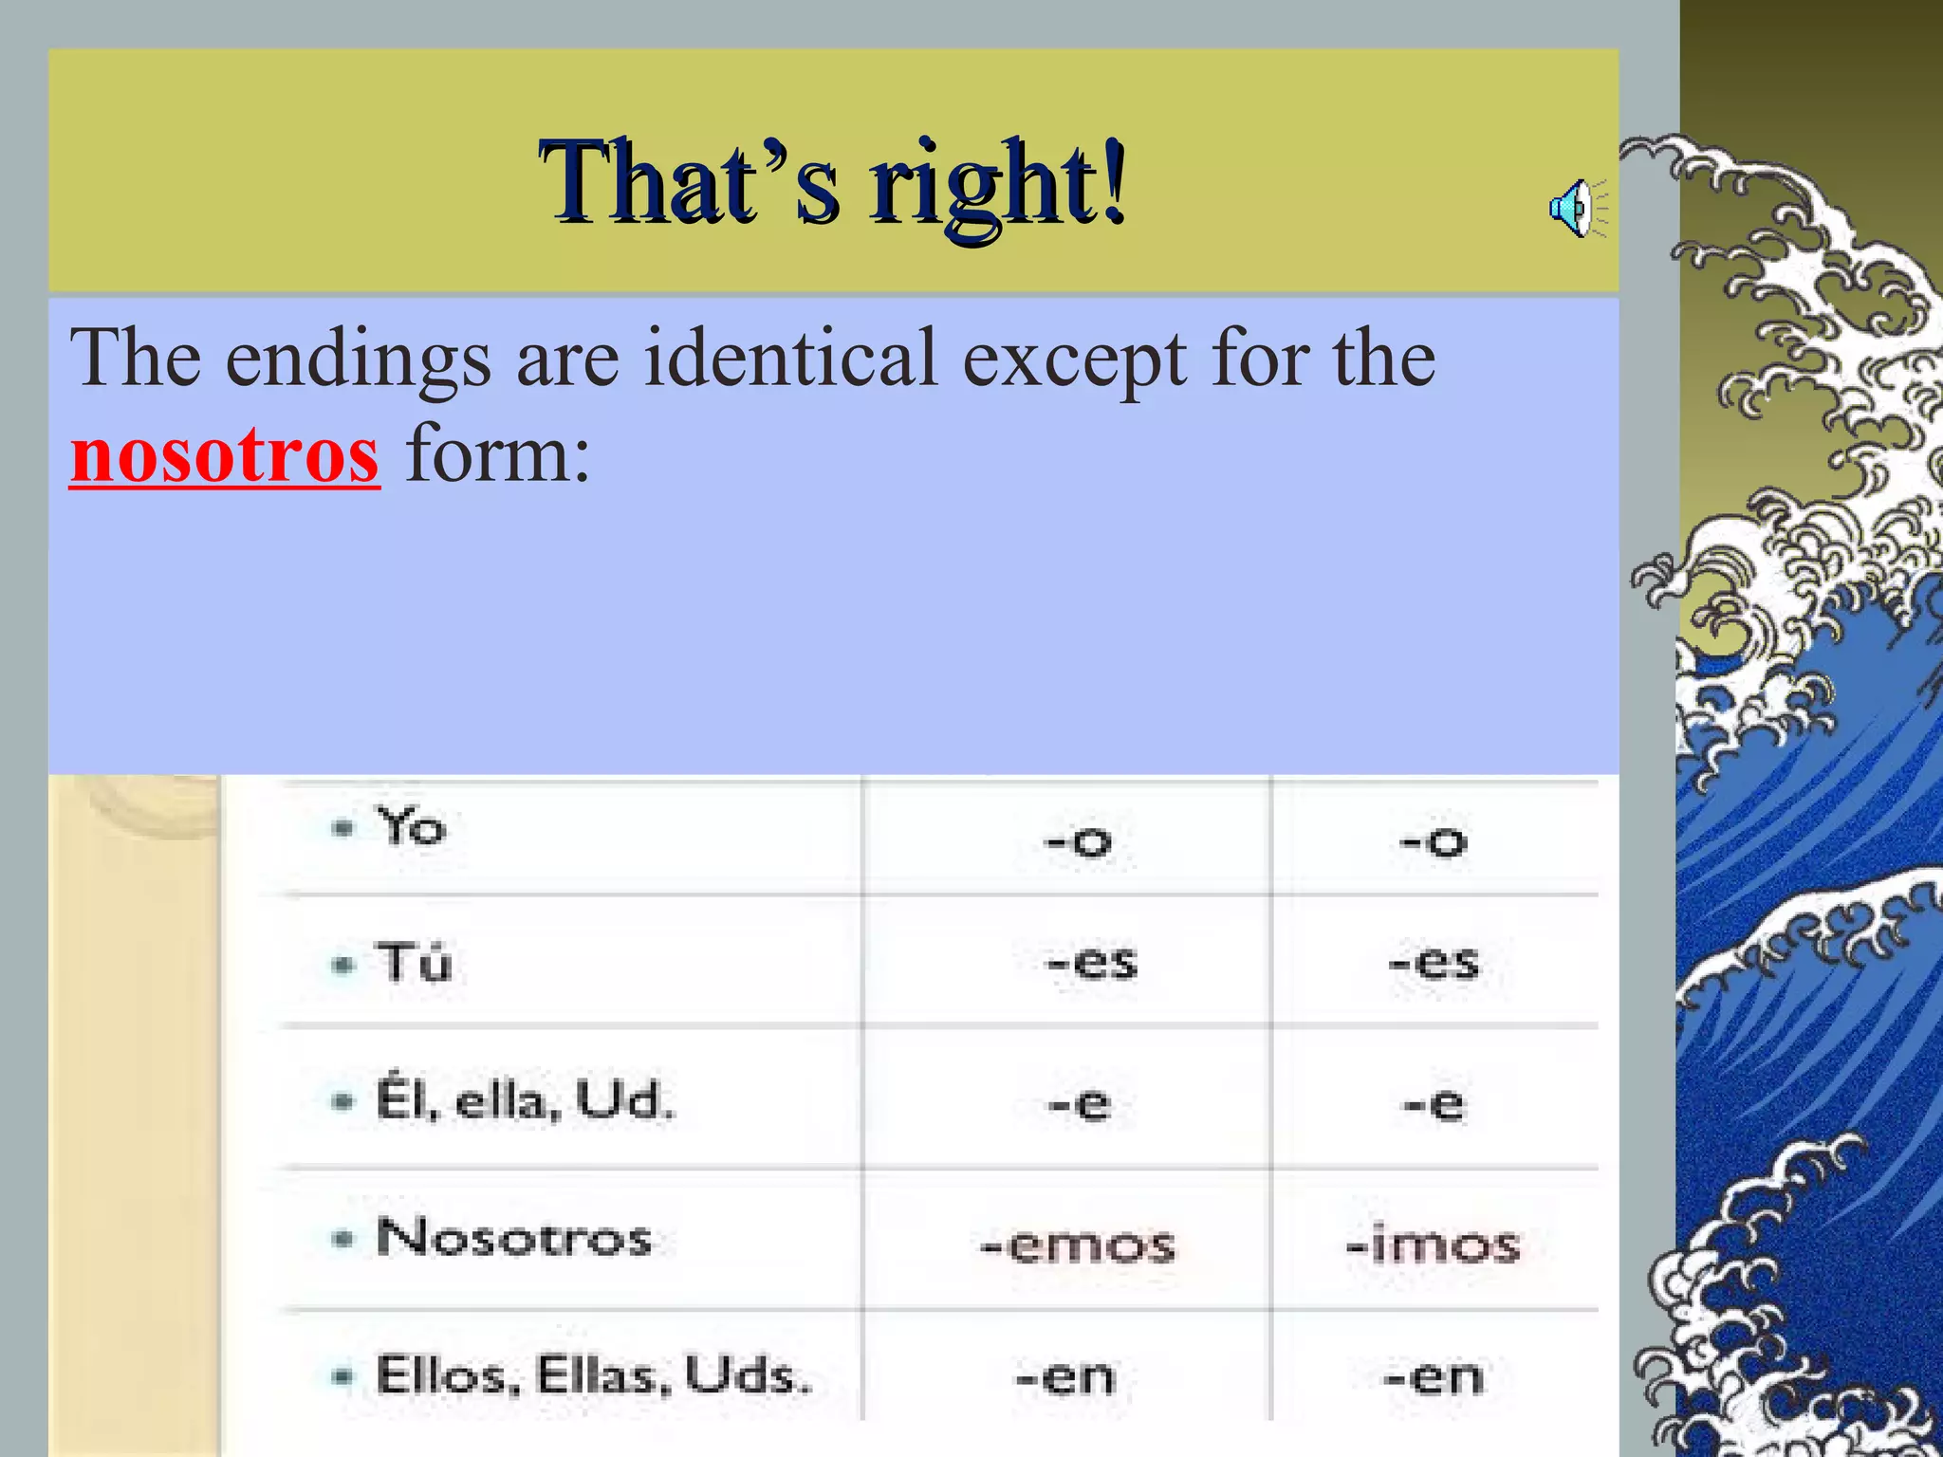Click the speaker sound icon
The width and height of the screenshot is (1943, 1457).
point(1576,208)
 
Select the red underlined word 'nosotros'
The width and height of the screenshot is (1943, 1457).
point(225,456)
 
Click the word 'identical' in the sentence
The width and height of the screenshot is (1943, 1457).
point(790,358)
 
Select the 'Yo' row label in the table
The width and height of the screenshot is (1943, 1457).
point(411,826)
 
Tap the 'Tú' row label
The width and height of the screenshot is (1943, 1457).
point(413,962)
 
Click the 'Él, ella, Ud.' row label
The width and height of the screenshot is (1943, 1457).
point(525,1101)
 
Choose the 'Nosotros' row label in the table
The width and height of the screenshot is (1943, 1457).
point(513,1238)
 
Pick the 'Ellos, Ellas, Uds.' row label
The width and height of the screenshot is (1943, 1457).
point(594,1375)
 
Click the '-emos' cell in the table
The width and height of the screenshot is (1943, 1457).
point(1077,1245)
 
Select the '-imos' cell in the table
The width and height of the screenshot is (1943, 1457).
point(1433,1245)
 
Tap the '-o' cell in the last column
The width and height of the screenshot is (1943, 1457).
point(1433,840)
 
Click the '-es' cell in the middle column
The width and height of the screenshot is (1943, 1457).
point(1090,963)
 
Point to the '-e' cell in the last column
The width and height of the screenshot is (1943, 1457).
point(1433,1104)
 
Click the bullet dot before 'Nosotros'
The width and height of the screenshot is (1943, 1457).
point(342,1239)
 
